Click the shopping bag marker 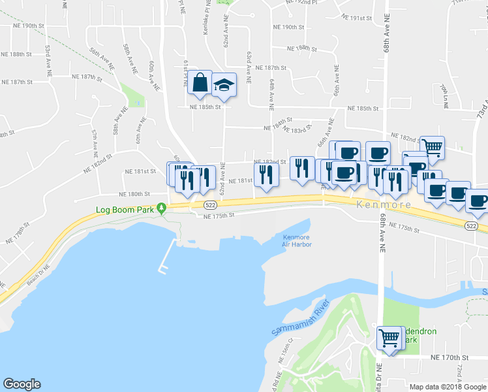click(200, 83)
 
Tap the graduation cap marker click(224, 85)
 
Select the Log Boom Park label click(124, 210)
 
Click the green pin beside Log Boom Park click(164, 208)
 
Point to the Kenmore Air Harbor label click(297, 241)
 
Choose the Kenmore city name click(384, 205)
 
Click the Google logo click(22, 384)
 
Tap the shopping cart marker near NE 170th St click(389, 338)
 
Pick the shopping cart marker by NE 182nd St click(432, 148)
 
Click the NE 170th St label click(450, 358)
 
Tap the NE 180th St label click(134, 194)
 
